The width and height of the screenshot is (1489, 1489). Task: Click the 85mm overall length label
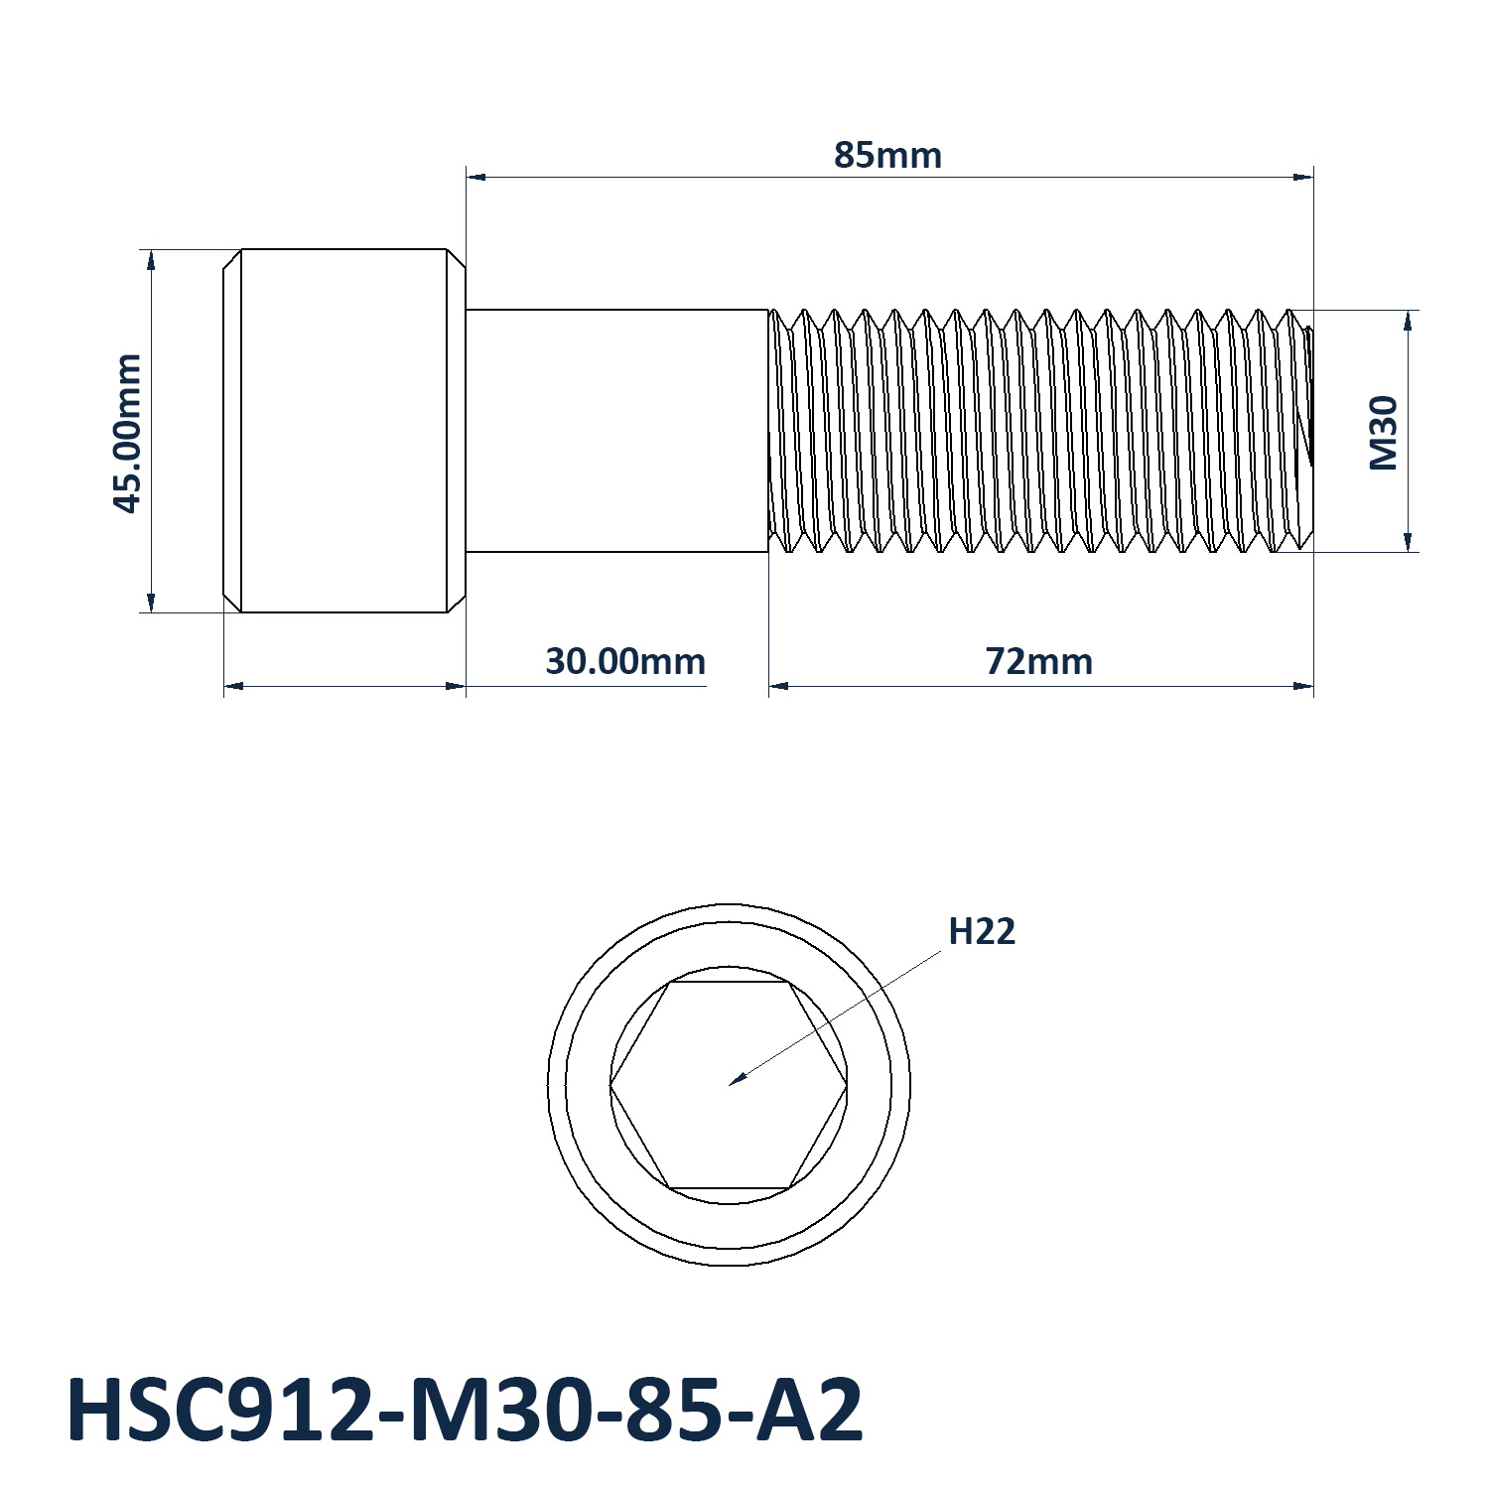pyautogui.click(x=887, y=156)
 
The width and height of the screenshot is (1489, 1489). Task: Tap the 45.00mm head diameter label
pyautogui.click(x=127, y=433)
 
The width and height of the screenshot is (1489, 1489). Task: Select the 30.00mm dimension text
pyautogui.click(x=625, y=661)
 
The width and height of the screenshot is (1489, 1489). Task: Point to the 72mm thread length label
pyautogui.click(x=1039, y=661)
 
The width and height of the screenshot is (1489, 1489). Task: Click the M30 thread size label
pyautogui.click(x=1383, y=433)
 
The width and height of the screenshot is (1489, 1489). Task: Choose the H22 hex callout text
pyautogui.click(x=982, y=932)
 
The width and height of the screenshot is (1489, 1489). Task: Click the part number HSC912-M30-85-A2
pyautogui.click(x=465, y=1411)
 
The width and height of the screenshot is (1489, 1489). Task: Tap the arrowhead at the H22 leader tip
pyautogui.click(x=737, y=1079)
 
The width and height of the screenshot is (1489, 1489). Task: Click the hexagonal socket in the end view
pyautogui.click(x=729, y=1084)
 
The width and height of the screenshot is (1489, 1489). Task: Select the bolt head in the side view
pyautogui.click(x=343, y=431)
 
